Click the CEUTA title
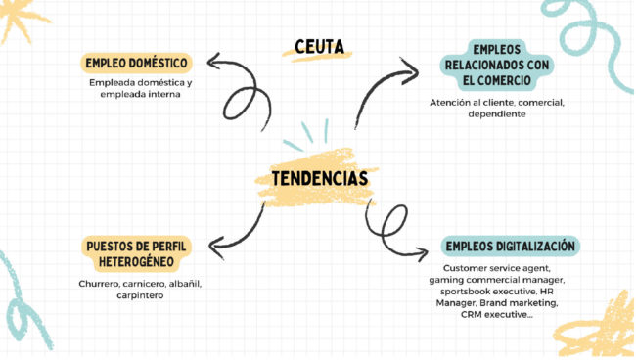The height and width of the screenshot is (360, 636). [x=319, y=47]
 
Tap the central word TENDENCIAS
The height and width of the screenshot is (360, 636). [x=320, y=179]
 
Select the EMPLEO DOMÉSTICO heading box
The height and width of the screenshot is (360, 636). [x=136, y=64]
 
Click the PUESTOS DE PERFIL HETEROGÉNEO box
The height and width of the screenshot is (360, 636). [x=136, y=254]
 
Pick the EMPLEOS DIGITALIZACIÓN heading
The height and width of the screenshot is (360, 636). [x=510, y=247]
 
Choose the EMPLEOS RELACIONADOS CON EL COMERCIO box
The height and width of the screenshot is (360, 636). [x=497, y=65]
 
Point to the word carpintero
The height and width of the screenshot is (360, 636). [x=140, y=295]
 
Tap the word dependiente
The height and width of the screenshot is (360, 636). [x=497, y=114]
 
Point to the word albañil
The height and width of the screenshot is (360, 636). [x=185, y=284]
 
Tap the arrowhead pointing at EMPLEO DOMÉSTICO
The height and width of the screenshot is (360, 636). [x=212, y=62]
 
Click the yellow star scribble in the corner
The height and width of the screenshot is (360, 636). [x=20, y=19]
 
